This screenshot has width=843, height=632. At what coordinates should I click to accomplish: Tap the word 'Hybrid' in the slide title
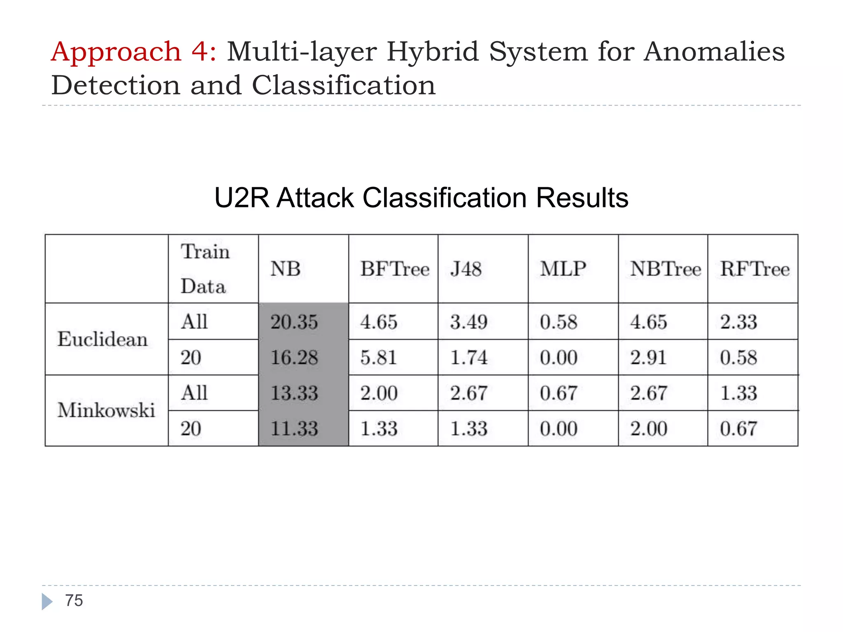[433, 52]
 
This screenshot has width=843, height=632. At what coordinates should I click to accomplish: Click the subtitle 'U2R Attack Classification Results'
[421, 198]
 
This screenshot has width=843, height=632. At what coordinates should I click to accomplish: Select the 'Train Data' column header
[205, 269]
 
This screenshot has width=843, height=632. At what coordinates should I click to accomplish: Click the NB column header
[285, 269]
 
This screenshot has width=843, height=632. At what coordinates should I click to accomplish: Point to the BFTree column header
[395, 269]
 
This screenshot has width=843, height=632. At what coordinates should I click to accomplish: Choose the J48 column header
[466, 269]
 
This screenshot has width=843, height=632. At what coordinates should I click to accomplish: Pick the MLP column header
[563, 269]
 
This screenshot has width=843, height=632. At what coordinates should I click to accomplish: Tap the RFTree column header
[755, 269]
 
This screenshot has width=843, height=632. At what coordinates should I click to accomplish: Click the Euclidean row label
[102, 339]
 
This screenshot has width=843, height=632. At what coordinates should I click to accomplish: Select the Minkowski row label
[106, 410]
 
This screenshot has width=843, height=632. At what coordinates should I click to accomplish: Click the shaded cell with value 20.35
[294, 322]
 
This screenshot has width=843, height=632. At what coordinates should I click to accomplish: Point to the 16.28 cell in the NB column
[294, 357]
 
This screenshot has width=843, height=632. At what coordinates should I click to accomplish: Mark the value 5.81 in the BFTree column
[379, 357]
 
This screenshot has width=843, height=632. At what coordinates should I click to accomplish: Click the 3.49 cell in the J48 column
[468, 322]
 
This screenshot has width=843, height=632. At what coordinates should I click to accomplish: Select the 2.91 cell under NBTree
[648, 357]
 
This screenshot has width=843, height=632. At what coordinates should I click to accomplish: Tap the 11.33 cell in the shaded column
[294, 428]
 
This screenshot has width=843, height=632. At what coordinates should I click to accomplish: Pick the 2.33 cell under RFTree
[738, 322]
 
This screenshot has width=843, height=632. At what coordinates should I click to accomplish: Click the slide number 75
[74, 601]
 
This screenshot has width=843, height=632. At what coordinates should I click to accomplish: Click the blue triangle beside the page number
[47, 602]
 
